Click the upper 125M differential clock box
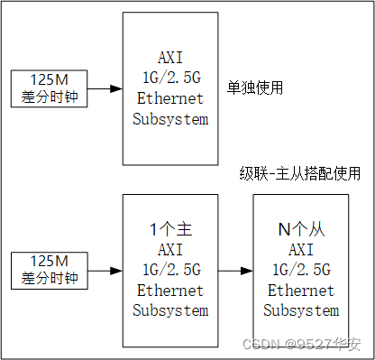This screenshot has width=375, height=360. tap(49, 88)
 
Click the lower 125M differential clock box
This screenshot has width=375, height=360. tap(49, 269)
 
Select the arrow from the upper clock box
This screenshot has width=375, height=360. tap(105, 88)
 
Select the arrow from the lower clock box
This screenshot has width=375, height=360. tap(105, 269)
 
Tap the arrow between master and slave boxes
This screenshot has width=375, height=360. tap(234, 269)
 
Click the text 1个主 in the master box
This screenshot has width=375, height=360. tap(169, 230)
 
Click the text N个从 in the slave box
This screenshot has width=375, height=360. tap(301, 230)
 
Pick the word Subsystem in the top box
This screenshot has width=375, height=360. tap(169, 117)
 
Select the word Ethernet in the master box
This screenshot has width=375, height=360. tap(169, 291)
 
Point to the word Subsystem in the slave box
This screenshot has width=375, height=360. tap(301, 310)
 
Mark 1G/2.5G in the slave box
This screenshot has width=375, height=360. tap(301, 270)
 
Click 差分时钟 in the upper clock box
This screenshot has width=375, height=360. tap(49, 97)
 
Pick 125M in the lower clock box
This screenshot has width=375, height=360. tap(49, 261)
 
